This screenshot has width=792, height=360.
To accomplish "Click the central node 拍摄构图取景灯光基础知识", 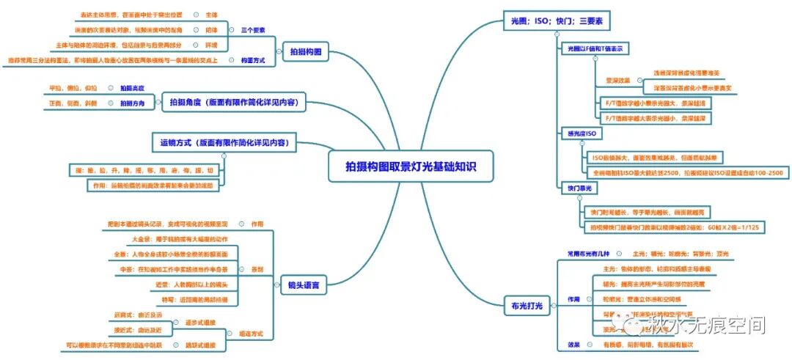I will pos(411,166).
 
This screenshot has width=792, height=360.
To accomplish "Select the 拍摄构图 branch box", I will pos(304,51).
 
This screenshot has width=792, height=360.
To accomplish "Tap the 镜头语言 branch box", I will pos(304,284).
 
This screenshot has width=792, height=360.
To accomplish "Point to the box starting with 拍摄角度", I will pos(232,103).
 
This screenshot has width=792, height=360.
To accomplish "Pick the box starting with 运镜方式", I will pos(224,142).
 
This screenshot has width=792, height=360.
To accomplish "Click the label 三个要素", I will pos(252,30).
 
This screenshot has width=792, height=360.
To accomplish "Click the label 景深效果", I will pos(617,80).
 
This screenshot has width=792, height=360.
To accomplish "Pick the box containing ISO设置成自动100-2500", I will pos(687,172).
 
